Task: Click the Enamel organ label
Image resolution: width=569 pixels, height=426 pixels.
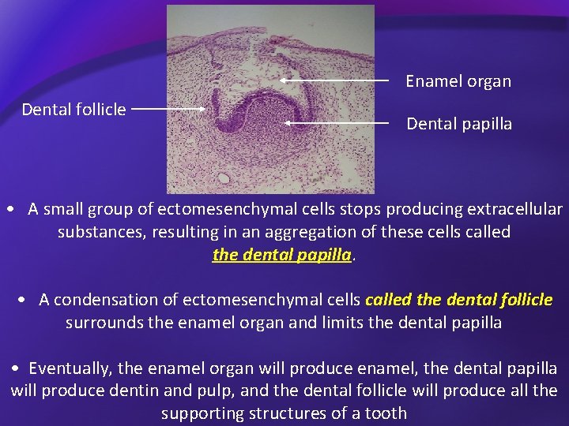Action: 458,81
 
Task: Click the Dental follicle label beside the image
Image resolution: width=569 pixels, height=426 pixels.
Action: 73,110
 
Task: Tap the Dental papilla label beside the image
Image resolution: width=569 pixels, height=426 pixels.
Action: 459,124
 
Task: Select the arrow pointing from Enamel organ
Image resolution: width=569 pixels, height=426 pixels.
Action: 335,80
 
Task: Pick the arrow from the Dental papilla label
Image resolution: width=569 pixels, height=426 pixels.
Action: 337,123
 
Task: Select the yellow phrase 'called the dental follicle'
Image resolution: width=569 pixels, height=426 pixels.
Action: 459,300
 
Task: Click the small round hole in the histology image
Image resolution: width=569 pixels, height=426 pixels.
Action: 224,178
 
